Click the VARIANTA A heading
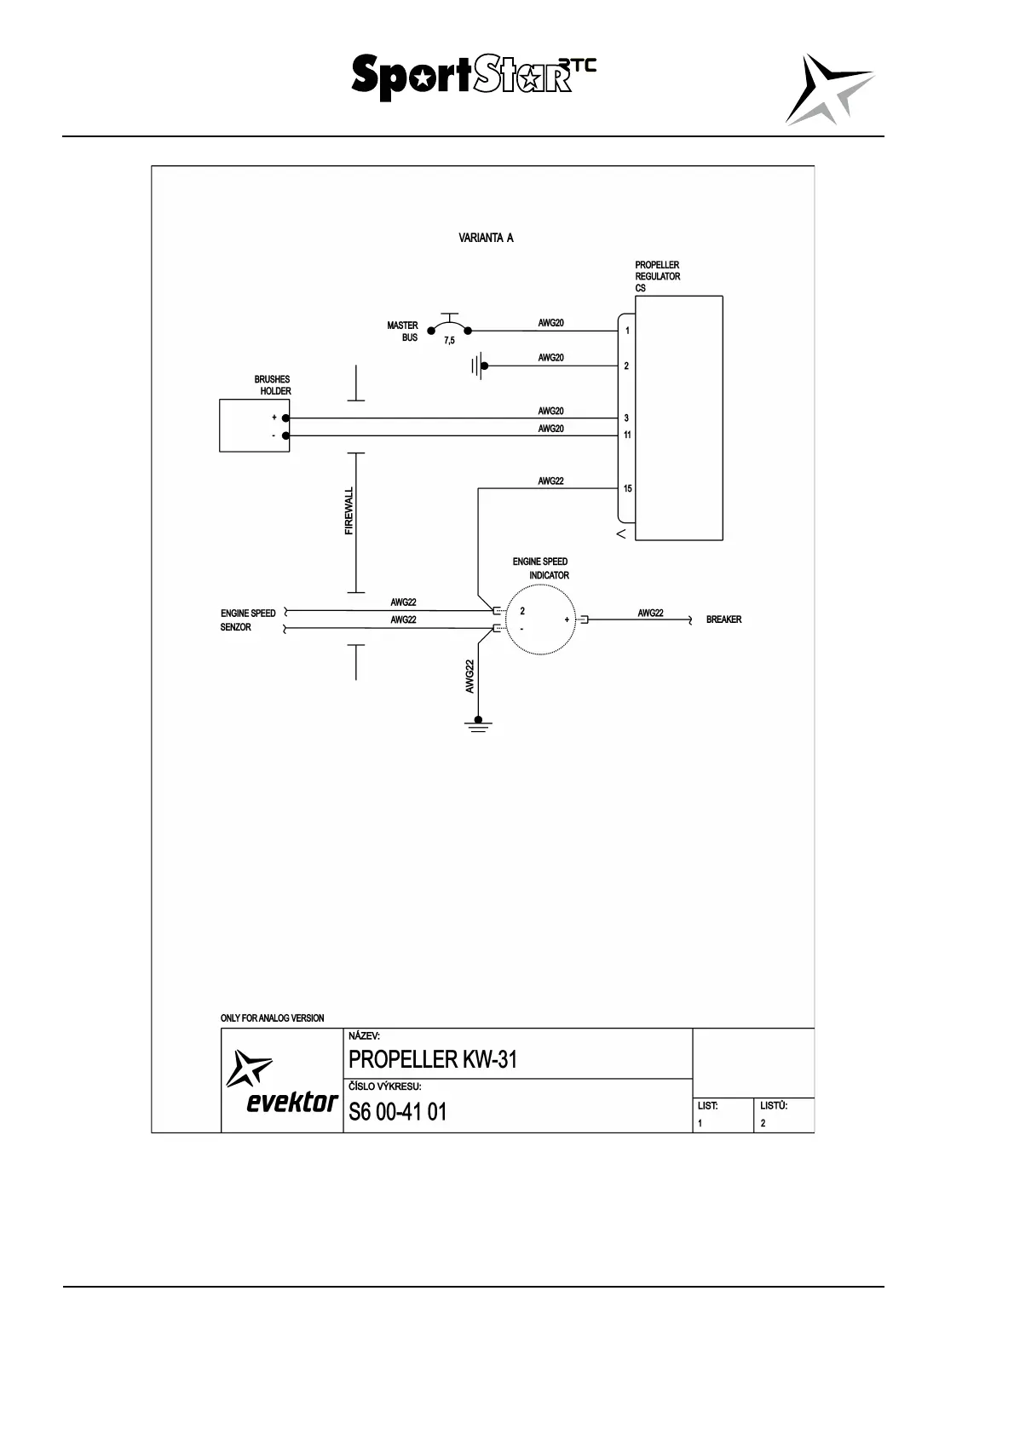pyautogui.click(x=486, y=238)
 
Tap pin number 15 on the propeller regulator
pyautogui.click(x=628, y=489)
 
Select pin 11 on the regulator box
pyautogui.click(x=627, y=435)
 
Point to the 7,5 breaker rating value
pyautogui.click(x=449, y=341)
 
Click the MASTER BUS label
pyautogui.click(x=403, y=331)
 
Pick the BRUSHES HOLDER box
pyautogui.click(x=254, y=426)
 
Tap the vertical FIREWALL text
pyautogui.click(x=349, y=511)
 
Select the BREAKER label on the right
pyautogui.click(x=723, y=620)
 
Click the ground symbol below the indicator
pyautogui.click(x=478, y=725)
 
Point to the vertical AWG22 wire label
pyautogui.click(x=470, y=677)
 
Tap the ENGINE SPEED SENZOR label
pyautogui.click(x=248, y=620)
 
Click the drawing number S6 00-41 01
pyautogui.click(x=397, y=1112)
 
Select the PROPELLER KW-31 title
pyautogui.click(x=433, y=1060)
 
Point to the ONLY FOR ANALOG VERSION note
pyautogui.click(x=272, y=1018)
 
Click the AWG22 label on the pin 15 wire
pyautogui.click(x=550, y=481)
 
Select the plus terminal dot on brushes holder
pyautogui.click(x=285, y=418)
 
